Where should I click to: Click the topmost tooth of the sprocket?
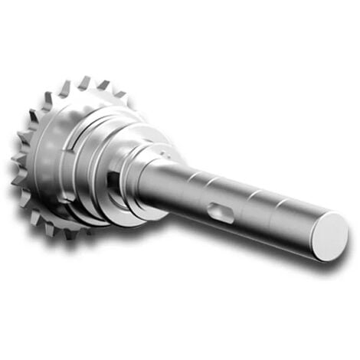coord(83,81)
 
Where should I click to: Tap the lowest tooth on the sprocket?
coord(70,233)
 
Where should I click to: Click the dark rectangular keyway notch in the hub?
coord(114,181)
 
